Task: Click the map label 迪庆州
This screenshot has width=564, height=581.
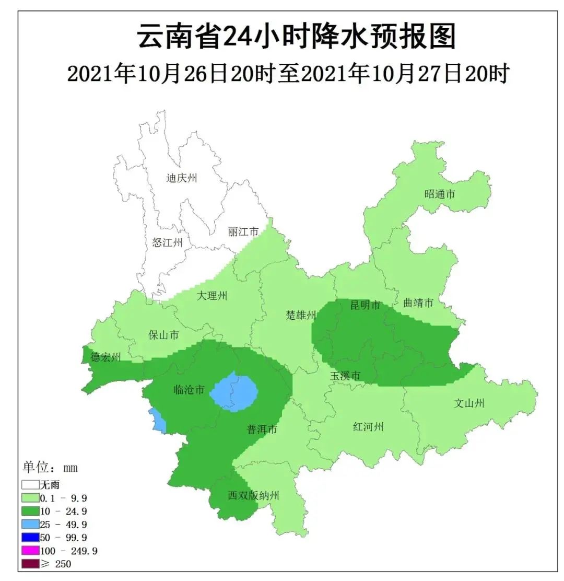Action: point(182,179)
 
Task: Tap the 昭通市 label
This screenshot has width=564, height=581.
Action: point(440,194)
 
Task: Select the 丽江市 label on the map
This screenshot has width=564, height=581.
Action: point(243,232)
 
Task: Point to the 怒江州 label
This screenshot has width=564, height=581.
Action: point(168,242)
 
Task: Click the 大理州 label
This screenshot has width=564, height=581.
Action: point(212,296)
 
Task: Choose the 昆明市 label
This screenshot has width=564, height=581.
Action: point(366,305)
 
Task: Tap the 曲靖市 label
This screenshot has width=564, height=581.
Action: point(418,303)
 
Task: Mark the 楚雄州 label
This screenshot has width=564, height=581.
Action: point(301,315)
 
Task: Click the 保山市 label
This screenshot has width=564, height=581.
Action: point(163,335)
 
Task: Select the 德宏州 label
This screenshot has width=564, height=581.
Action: point(105,357)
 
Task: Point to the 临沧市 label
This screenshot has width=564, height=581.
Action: point(189,389)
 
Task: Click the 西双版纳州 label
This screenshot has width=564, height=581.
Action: point(254,495)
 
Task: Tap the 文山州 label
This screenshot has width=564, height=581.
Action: point(469,403)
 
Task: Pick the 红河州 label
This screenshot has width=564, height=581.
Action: point(368,427)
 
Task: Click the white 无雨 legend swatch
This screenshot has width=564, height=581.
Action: point(30,485)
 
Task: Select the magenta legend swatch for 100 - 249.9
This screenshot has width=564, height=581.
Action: point(30,550)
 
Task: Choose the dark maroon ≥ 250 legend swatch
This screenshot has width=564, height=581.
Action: point(30,563)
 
